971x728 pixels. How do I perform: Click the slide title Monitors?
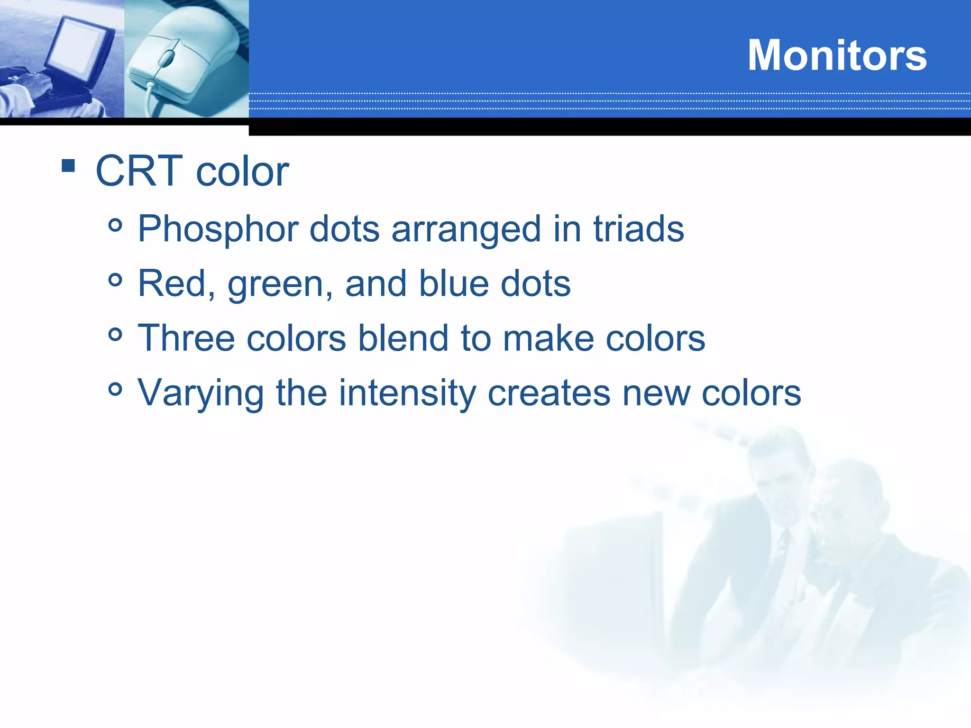click(837, 55)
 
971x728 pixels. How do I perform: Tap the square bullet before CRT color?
click(68, 165)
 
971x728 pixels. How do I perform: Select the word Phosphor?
click(218, 230)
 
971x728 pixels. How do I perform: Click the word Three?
click(186, 338)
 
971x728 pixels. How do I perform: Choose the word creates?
click(549, 393)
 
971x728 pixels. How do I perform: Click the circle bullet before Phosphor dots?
click(115, 225)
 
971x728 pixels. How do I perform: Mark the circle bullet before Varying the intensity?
click(115, 390)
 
